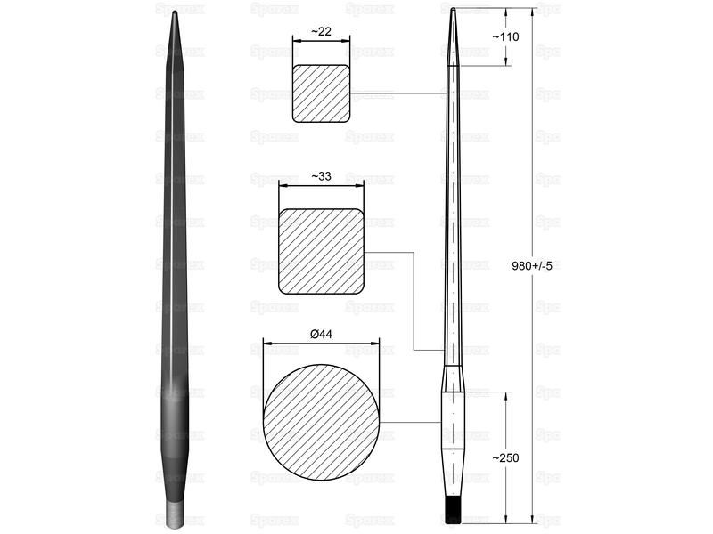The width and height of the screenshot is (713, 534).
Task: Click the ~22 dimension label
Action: [x=321, y=31]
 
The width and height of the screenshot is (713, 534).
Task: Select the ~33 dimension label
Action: [x=321, y=176]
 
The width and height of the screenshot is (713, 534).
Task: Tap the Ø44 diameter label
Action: [x=321, y=335]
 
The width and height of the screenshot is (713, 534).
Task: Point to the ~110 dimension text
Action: [x=505, y=36]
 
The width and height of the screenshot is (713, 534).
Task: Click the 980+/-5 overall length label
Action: [x=532, y=265]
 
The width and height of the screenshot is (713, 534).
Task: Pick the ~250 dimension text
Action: [x=505, y=457]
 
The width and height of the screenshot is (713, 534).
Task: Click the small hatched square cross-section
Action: [x=321, y=93]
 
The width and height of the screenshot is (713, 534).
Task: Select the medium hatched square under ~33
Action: [x=321, y=251]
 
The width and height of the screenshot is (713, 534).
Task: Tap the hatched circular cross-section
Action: [x=321, y=422]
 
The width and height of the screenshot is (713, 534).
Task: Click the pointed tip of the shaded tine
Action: [x=175, y=12]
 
